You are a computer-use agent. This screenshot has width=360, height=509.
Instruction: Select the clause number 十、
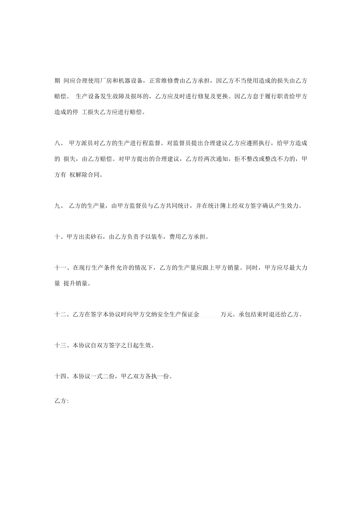pyautogui.click(x=60, y=237)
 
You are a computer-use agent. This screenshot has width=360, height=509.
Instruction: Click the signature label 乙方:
pyautogui.click(x=61, y=401)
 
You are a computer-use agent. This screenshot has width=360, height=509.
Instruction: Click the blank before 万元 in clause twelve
pyautogui.click(x=210, y=314)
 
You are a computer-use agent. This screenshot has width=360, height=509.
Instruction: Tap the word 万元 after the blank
pyautogui.click(x=227, y=314)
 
